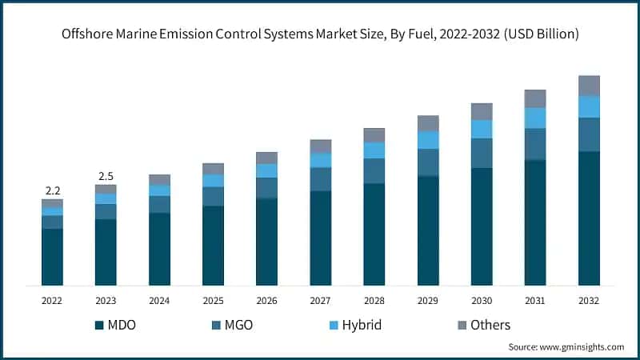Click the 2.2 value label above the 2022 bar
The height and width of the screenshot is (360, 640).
[x=52, y=190]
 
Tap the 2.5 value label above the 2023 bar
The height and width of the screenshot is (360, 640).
[x=106, y=176]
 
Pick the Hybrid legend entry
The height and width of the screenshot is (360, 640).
[x=353, y=325]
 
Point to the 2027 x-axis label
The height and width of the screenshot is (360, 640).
[x=320, y=301]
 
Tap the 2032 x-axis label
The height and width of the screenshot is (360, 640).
[x=589, y=301]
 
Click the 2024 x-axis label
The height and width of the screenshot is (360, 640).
[x=159, y=301]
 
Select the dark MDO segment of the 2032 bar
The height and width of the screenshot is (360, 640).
[x=589, y=218]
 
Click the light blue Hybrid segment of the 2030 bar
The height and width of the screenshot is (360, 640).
[x=482, y=129]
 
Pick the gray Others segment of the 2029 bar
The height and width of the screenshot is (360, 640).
[x=428, y=123]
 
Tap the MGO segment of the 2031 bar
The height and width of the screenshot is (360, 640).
[x=535, y=144]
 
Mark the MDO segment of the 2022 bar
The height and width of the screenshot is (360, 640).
[x=52, y=257]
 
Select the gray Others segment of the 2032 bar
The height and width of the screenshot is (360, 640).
[x=589, y=86]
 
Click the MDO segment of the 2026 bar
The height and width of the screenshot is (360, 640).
[x=266, y=242]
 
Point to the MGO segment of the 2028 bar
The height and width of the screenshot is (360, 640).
[x=374, y=170]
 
